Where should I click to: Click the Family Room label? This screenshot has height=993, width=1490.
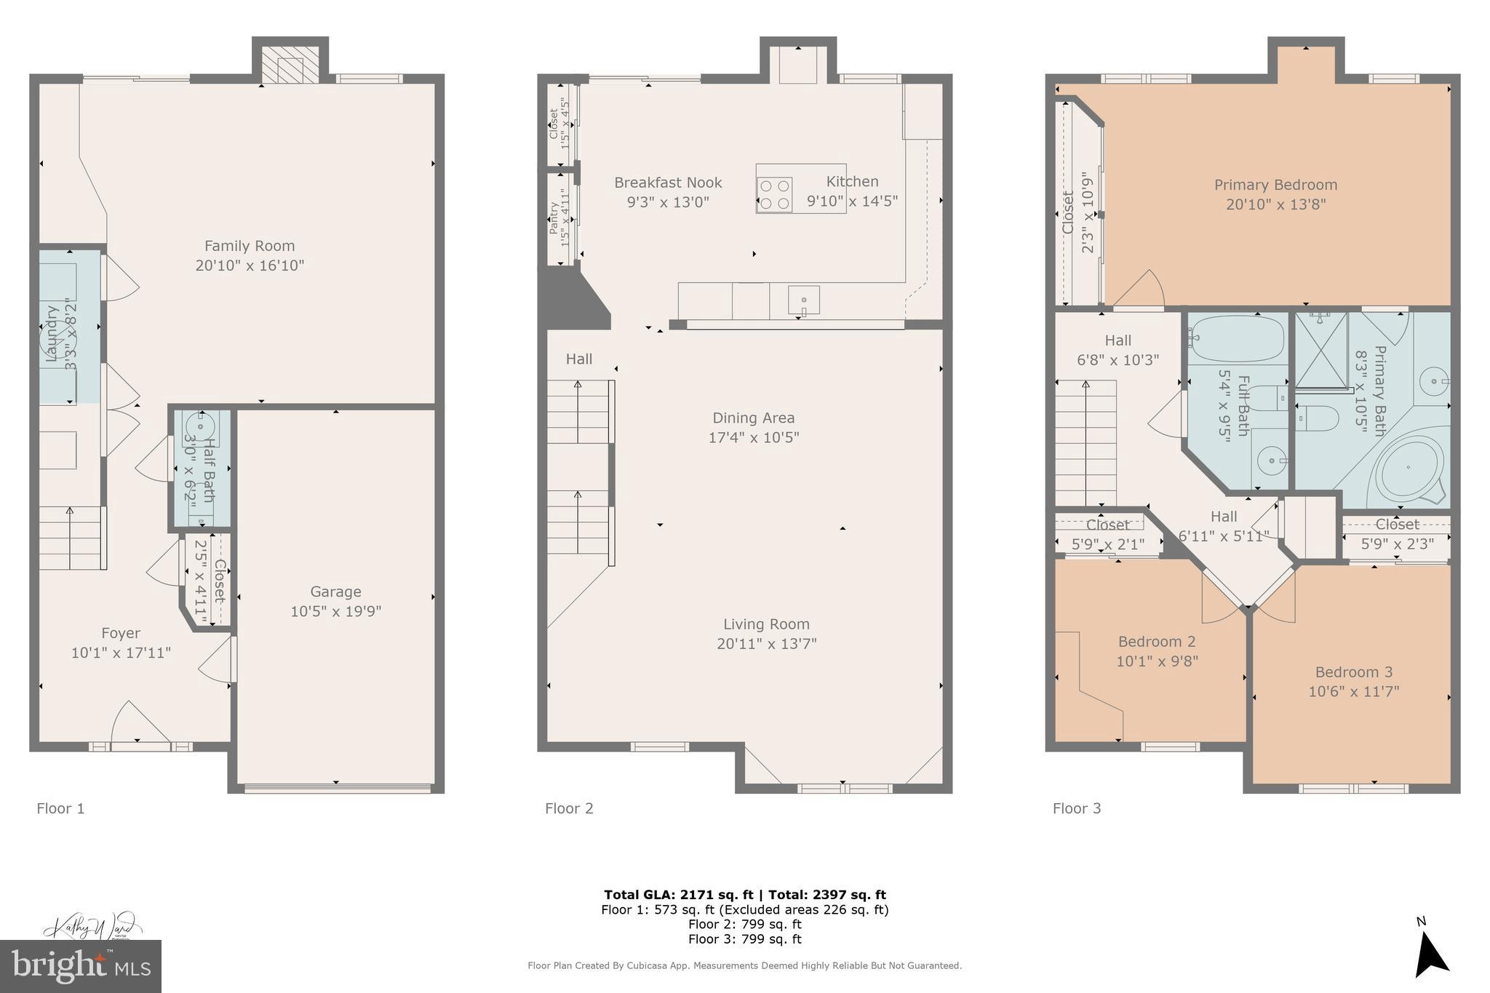[x=249, y=246]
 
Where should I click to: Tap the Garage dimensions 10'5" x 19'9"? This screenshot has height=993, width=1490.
[x=335, y=611]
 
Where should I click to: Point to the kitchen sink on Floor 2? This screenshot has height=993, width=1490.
[x=803, y=300]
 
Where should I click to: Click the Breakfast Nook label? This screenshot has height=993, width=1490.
[x=667, y=183]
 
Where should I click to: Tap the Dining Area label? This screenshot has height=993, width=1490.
[x=753, y=418]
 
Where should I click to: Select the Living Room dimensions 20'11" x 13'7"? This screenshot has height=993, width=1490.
[x=766, y=644]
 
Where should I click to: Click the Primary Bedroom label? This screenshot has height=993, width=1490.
[x=1275, y=185]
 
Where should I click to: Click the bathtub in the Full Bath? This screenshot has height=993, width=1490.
[x=1237, y=340]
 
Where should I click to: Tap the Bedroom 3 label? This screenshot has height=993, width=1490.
[x=1353, y=672]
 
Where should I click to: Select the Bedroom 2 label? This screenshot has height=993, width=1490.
[x=1156, y=642]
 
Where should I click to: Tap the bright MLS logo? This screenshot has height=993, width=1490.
[x=81, y=966]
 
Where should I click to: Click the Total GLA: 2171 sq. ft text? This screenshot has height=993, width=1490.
[x=677, y=895]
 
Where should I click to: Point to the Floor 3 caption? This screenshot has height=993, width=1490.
[x=1076, y=808]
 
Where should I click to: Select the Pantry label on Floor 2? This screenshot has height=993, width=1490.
[x=554, y=218]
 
